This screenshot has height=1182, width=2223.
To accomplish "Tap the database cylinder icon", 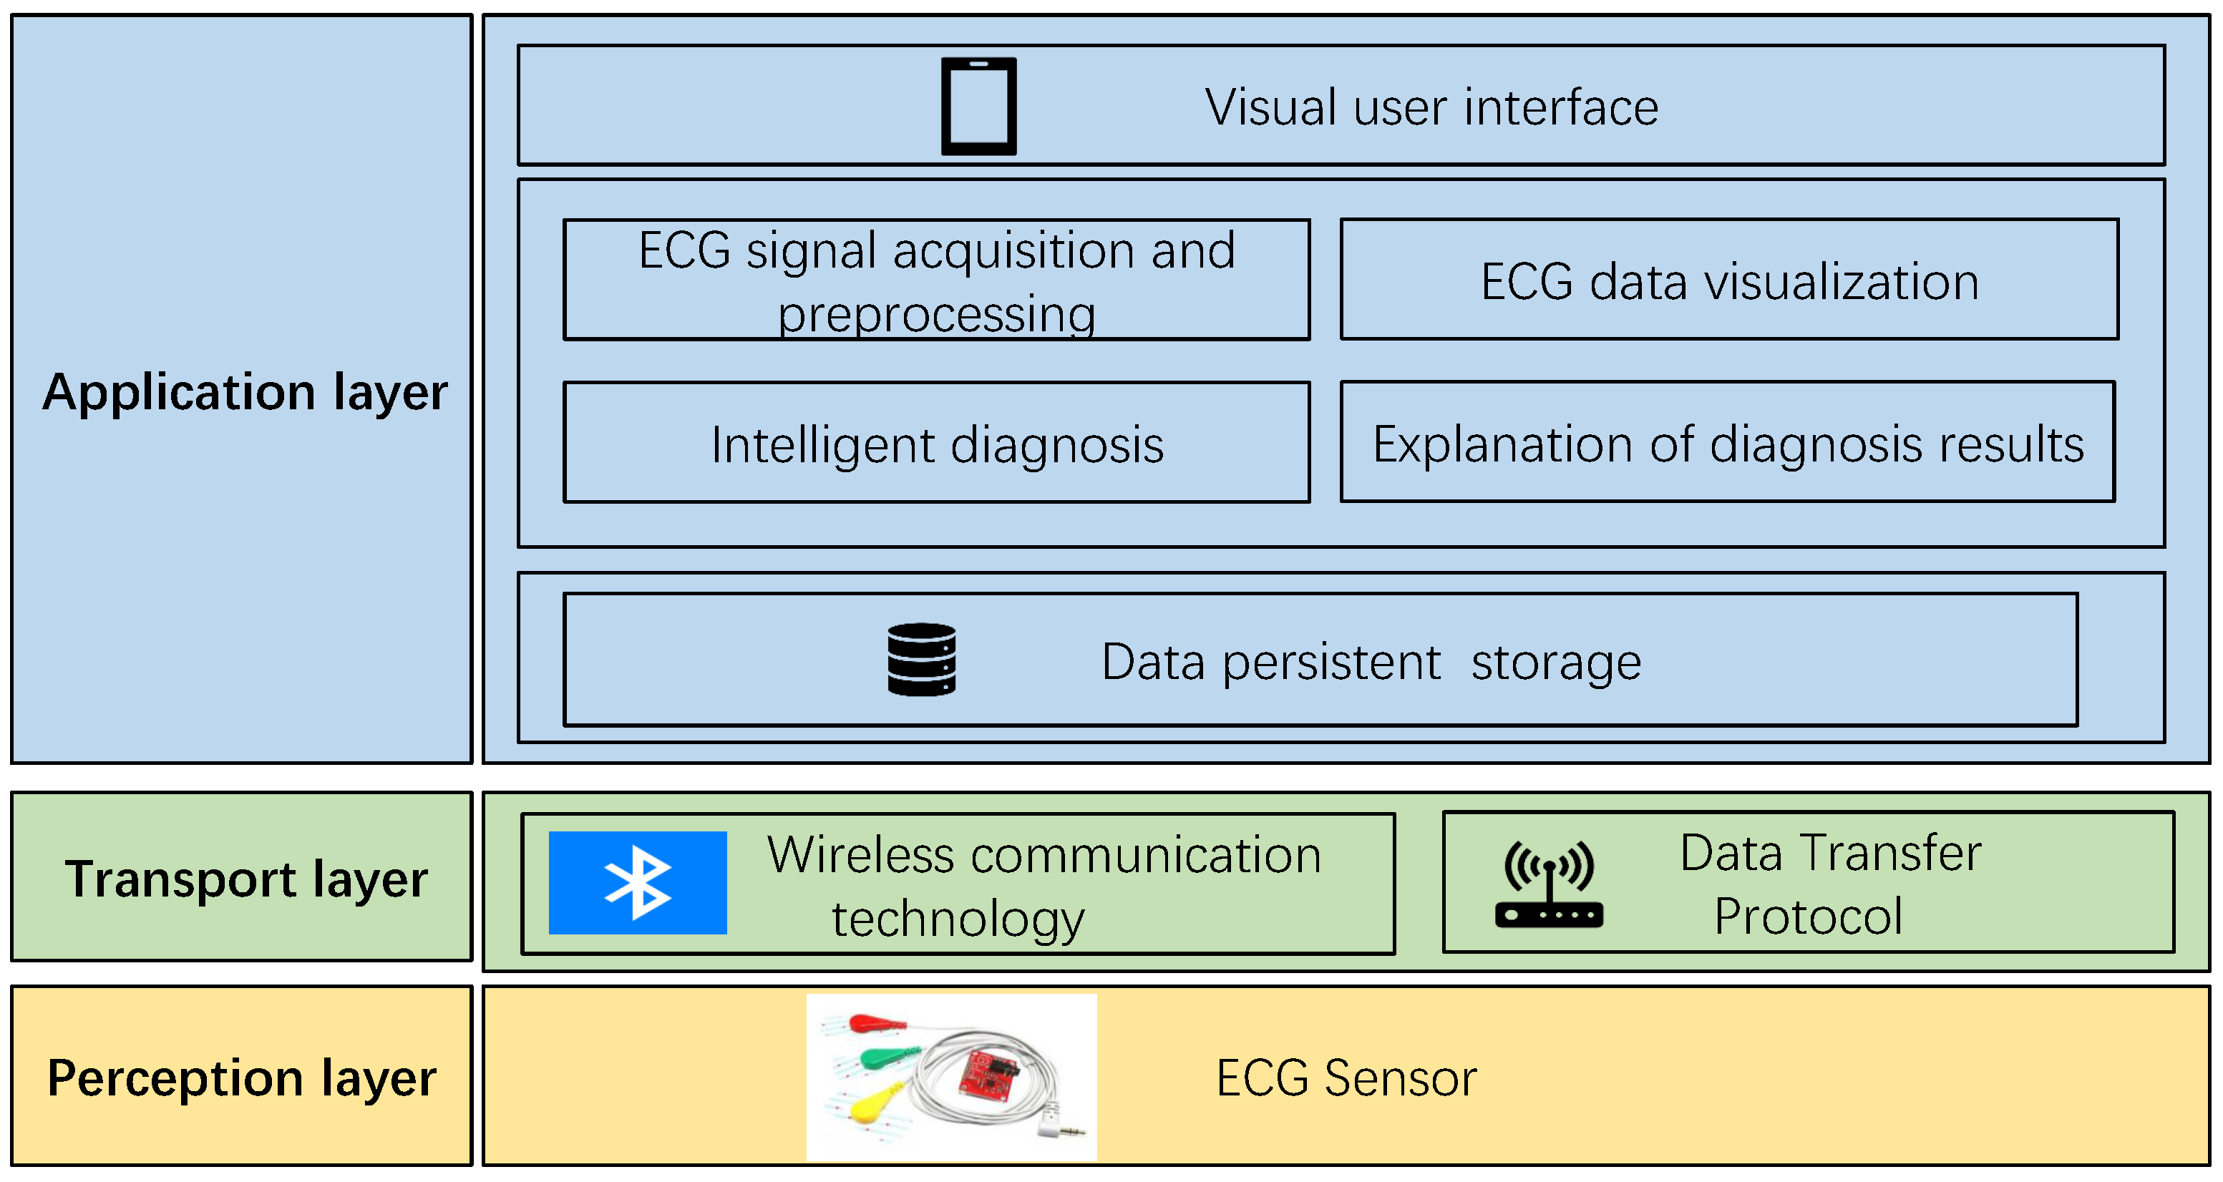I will pos(922,659).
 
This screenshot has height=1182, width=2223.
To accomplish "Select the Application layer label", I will pos(245,393).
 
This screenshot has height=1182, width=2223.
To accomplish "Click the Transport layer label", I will pos(246,879).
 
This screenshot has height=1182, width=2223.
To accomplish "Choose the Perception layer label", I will pos(242,1078).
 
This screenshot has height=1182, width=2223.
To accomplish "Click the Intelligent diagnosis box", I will pos(936,444).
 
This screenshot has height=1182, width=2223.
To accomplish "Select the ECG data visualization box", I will pos(1728,281).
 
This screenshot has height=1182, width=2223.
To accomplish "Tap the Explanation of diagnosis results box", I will pos(1728,444).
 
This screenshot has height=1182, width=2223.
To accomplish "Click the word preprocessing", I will pos(936,314).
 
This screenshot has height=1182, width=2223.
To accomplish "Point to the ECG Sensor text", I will pos(1346,1078).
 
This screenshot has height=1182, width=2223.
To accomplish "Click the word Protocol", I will pos(1808,917).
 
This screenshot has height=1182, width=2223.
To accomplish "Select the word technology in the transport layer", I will pos(958,919).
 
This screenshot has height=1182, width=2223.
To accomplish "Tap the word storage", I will pos(1556,663).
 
